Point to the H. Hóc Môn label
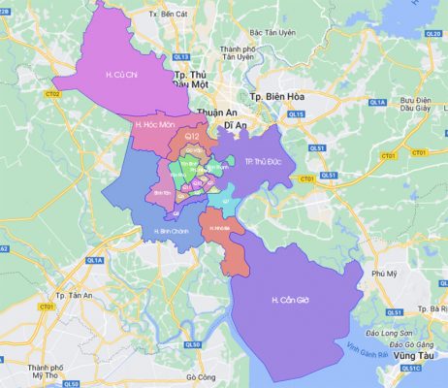coord(153,124)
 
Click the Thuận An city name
coord(216,113)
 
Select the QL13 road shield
coord(180,58)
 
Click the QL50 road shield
coord(193,344)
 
